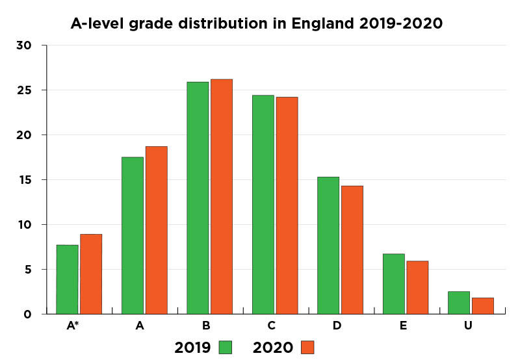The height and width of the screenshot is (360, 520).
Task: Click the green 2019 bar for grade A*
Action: point(67,279)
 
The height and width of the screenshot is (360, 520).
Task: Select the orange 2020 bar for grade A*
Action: point(91,274)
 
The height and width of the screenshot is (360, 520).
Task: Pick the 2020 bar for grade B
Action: point(221,196)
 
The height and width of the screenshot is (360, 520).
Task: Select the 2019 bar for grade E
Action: point(393,284)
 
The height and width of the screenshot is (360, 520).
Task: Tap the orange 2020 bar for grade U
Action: point(483,306)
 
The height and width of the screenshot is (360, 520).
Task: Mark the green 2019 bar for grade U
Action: point(459,303)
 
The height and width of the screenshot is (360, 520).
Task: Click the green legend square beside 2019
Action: point(226,348)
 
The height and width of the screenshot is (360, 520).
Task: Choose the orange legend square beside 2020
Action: point(307,348)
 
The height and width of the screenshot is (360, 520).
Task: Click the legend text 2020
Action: point(272,348)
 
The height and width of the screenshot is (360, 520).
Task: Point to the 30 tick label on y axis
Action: point(24,45)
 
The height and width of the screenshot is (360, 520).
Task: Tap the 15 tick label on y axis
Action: point(24,180)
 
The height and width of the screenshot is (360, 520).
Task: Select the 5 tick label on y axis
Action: point(27,270)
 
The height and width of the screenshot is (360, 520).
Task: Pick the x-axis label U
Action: point(468,326)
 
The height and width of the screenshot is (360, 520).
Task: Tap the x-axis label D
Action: point(337,326)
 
